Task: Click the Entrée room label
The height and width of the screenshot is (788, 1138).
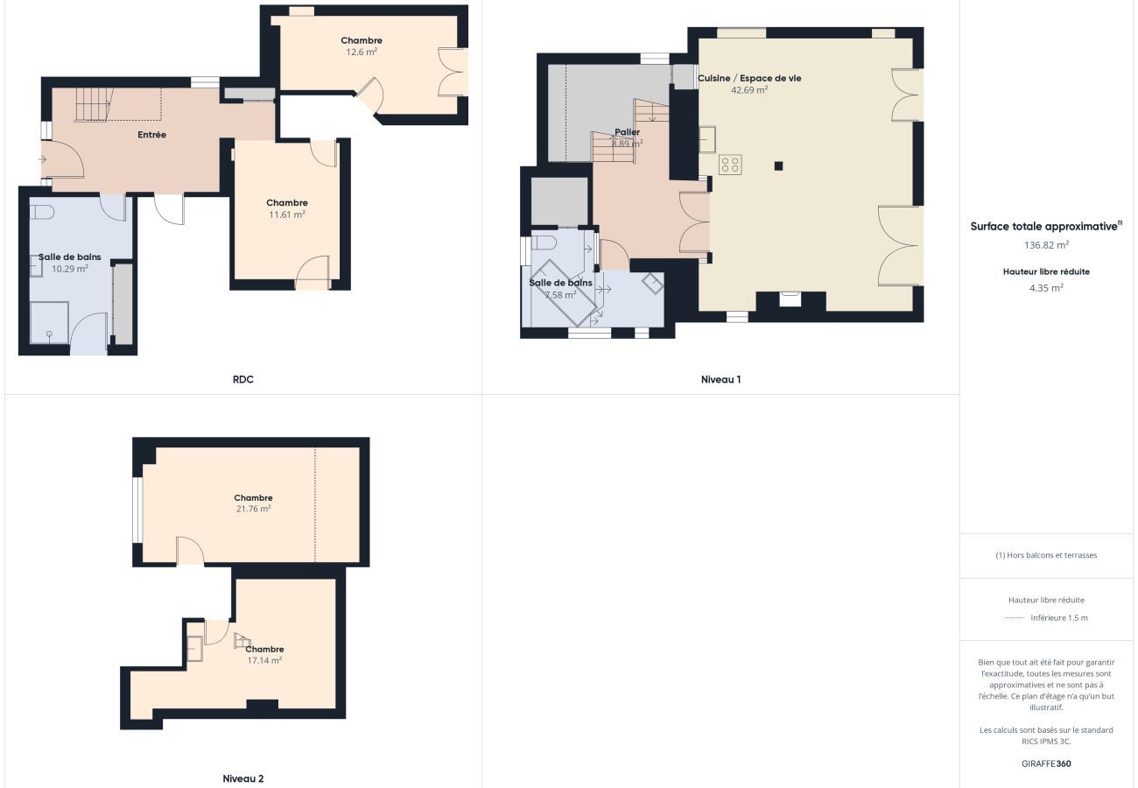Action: tap(152, 135)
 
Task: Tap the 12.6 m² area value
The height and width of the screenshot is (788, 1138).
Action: tap(362, 52)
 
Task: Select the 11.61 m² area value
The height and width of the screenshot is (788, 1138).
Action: tap(287, 215)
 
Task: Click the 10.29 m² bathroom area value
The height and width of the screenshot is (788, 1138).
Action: tap(70, 269)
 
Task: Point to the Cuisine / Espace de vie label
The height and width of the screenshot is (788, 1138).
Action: tap(749, 78)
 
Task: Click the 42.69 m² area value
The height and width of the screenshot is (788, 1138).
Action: tap(749, 90)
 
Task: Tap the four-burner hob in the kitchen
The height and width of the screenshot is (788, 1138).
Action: tap(730, 165)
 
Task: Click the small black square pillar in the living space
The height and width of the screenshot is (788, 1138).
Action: tap(778, 165)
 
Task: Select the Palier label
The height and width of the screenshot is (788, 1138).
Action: tap(627, 132)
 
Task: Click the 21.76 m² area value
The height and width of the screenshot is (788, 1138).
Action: tap(254, 509)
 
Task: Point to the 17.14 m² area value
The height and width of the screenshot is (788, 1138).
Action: tap(264, 660)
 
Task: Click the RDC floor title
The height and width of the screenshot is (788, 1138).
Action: tap(242, 379)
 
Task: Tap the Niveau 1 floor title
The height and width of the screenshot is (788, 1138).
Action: tap(721, 379)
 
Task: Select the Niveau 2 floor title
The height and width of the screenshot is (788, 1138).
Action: tap(243, 778)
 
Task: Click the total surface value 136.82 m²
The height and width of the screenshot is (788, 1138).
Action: tap(1046, 245)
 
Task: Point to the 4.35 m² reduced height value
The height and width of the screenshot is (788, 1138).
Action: tap(1046, 288)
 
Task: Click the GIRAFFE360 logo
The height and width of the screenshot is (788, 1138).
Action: tap(1046, 763)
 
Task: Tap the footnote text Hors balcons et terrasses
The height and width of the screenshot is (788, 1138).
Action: tap(1051, 555)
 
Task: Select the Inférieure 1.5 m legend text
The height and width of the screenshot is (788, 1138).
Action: tap(1059, 618)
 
